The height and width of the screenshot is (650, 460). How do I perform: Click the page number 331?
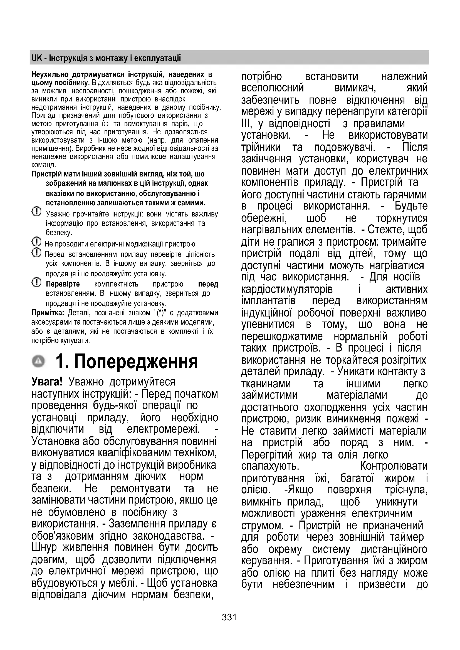click(229, 617)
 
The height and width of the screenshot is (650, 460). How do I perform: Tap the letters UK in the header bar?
click(36, 58)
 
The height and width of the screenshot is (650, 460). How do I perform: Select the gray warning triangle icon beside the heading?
click(39, 361)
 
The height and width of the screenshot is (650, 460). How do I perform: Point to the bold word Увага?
click(47, 382)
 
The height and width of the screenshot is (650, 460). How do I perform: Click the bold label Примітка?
click(48, 313)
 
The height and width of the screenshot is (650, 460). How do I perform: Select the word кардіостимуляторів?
click(287, 289)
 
